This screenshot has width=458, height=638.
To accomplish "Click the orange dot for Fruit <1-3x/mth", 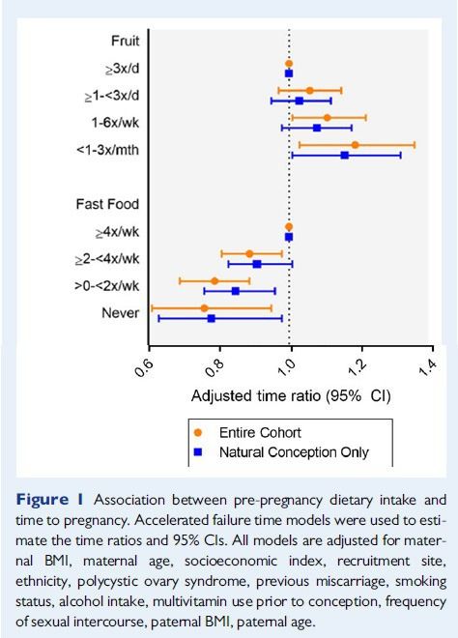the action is (x=355, y=145).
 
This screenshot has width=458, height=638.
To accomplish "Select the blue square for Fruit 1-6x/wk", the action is (x=317, y=128).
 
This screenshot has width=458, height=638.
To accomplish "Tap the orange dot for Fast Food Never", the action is (x=204, y=308).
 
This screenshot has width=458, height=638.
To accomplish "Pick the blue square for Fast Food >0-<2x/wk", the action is (x=235, y=291).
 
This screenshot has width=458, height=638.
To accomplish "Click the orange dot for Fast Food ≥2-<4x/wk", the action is (x=249, y=254).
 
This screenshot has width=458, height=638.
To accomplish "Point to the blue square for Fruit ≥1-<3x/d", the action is (x=300, y=101).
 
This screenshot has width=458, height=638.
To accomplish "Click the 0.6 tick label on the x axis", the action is (x=144, y=367).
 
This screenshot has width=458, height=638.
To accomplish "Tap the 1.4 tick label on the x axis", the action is (x=427, y=367).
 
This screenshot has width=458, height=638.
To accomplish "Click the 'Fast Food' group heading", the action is (x=107, y=204).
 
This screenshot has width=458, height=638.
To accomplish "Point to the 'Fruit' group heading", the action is (x=126, y=41).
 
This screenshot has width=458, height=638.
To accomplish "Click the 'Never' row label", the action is (x=121, y=313).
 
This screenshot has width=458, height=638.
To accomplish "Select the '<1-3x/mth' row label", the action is (x=108, y=150).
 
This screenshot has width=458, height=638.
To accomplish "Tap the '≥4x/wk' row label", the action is (x=118, y=232).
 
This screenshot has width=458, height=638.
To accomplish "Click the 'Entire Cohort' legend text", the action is (x=260, y=432).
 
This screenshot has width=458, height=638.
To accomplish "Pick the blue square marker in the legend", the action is (x=198, y=452).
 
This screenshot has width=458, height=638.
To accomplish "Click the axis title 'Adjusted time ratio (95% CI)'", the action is (x=291, y=395).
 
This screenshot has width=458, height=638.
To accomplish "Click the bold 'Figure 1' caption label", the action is (x=49, y=500).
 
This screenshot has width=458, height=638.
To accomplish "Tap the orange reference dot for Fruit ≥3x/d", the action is (x=289, y=64).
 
